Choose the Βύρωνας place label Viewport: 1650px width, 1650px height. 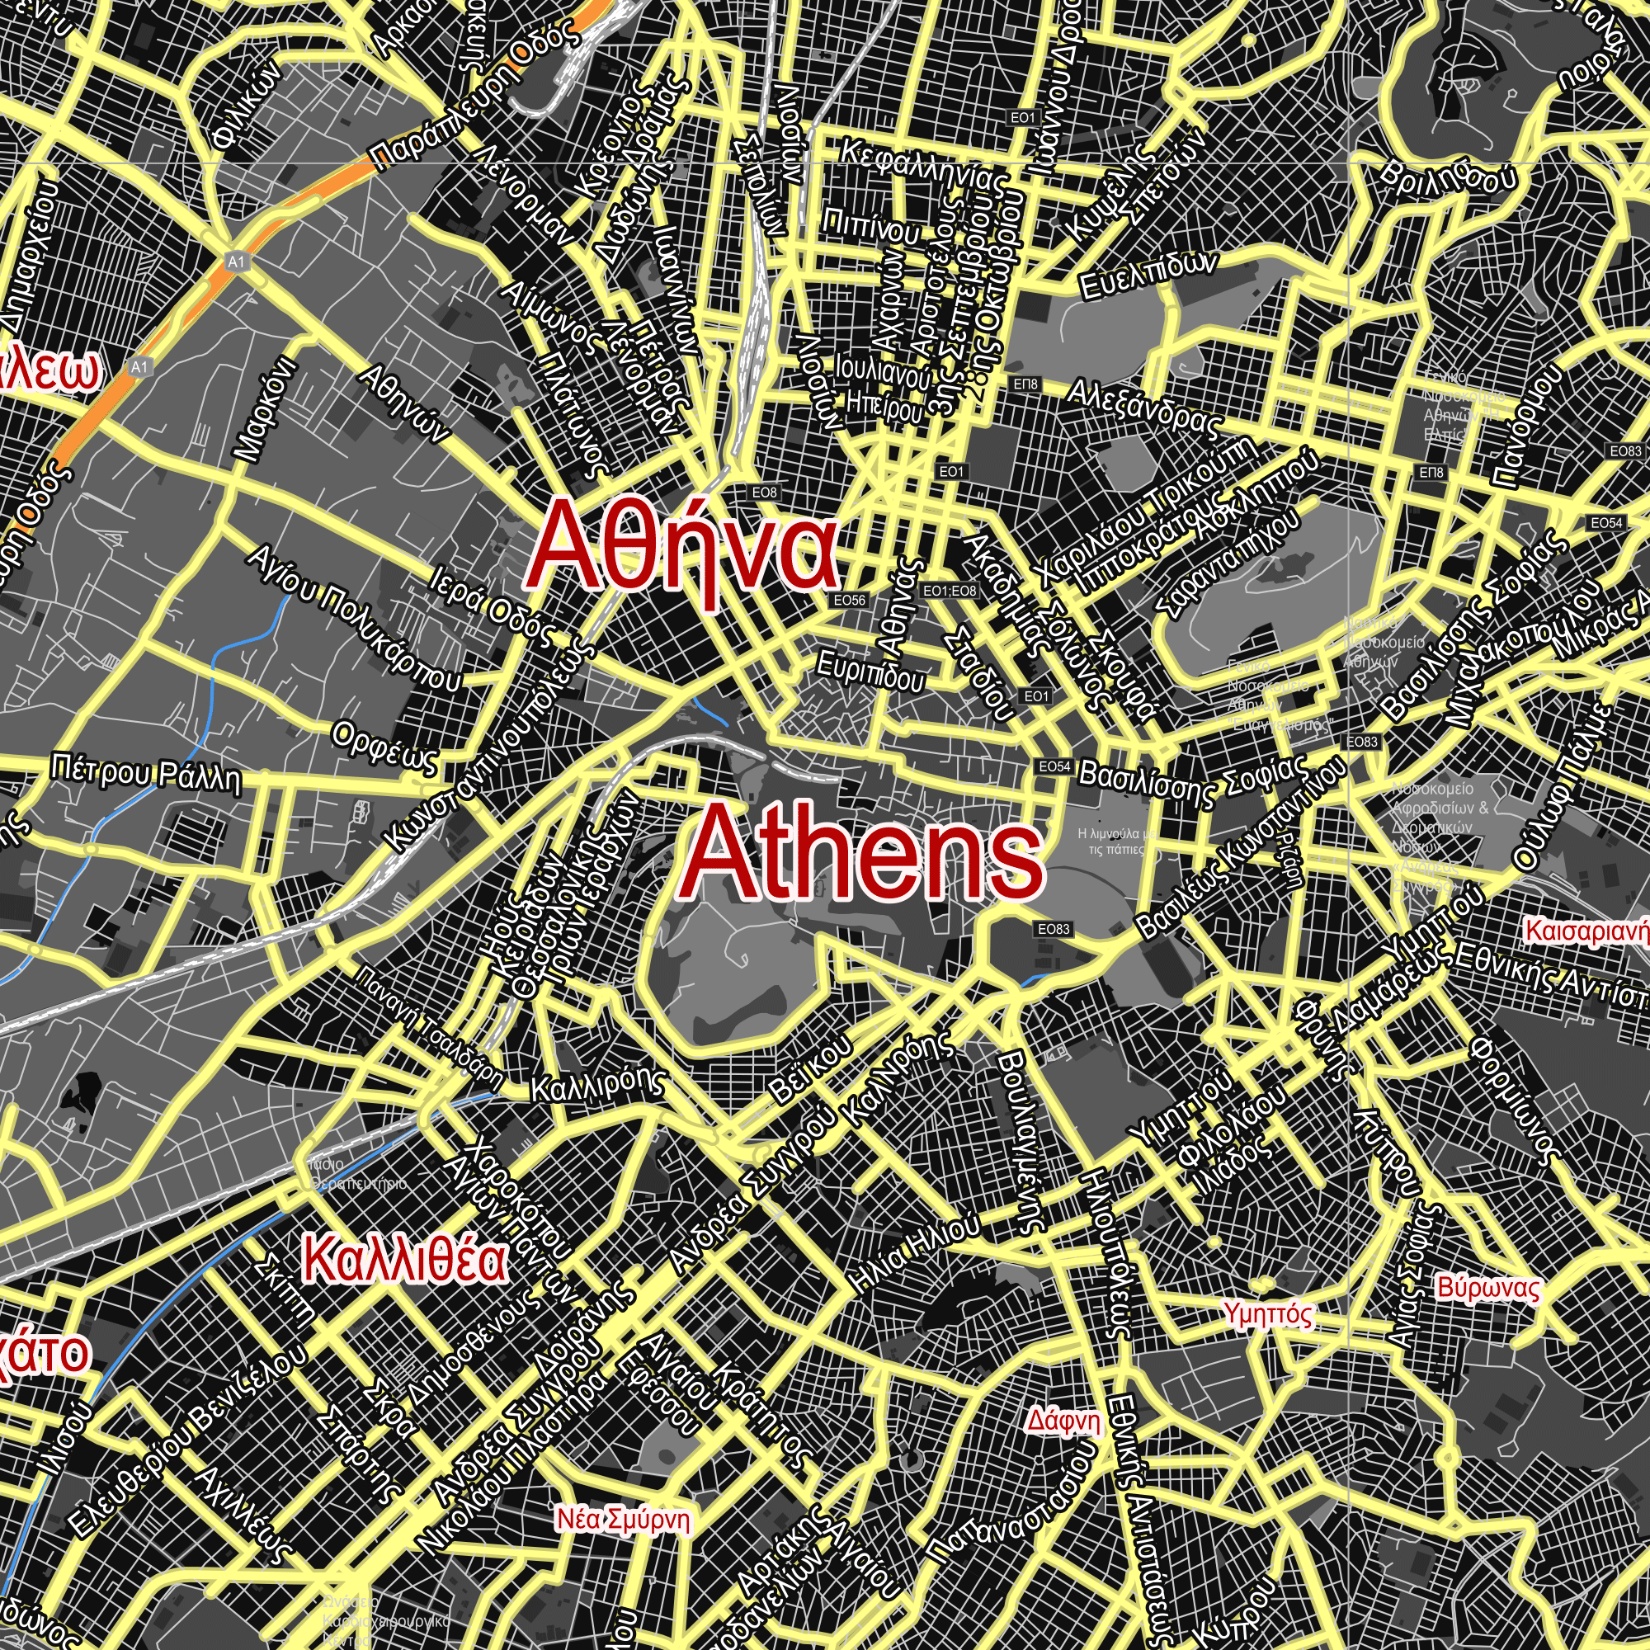click(1488, 1288)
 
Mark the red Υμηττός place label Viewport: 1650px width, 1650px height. click(1267, 1313)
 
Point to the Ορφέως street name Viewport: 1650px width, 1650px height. click(385, 746)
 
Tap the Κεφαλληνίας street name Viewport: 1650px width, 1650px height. click(923, 167)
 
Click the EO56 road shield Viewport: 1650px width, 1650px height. click(850, 601)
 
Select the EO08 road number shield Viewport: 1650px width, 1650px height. click(765, 493)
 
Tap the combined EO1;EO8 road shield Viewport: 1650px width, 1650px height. click(950, 591)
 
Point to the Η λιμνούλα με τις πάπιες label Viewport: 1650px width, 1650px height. click(1117, 841)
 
